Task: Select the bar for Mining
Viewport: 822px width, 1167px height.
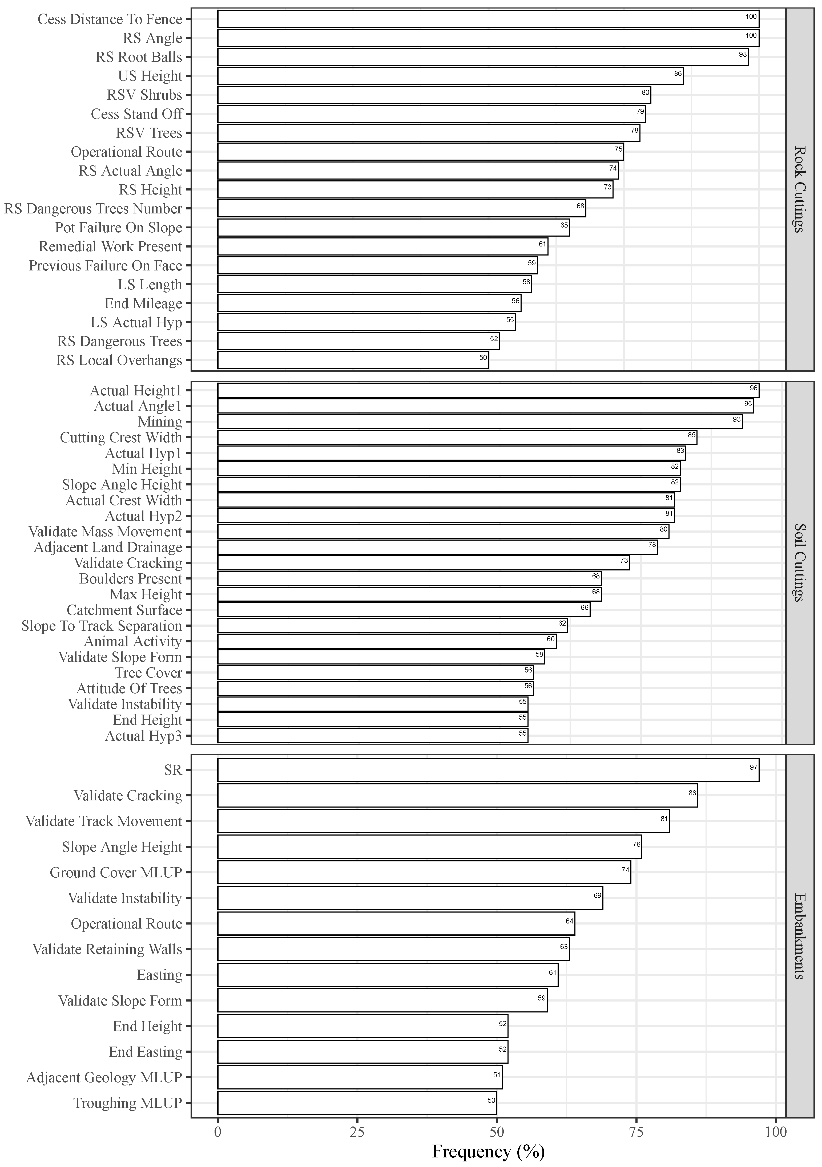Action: point(479,422)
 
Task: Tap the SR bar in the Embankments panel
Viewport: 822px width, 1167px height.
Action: point(488,770)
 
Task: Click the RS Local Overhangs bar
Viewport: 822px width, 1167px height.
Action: point(353,360)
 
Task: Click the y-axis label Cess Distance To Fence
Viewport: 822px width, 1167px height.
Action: point(110,19)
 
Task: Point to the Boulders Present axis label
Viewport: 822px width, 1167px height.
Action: point(131,579)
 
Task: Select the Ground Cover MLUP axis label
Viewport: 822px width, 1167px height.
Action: point(116,873)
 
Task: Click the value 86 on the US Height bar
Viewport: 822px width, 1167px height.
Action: point(678,74)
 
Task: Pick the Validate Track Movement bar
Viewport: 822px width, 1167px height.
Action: point(443,821)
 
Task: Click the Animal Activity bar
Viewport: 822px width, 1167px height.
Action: point(386,641)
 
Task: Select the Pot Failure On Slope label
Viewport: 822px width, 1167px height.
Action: point(118,228)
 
